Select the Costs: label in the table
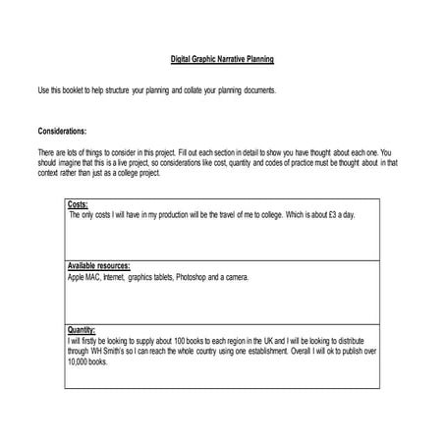point(78,205)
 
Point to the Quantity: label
point(82,330)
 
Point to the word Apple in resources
point(78,278)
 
